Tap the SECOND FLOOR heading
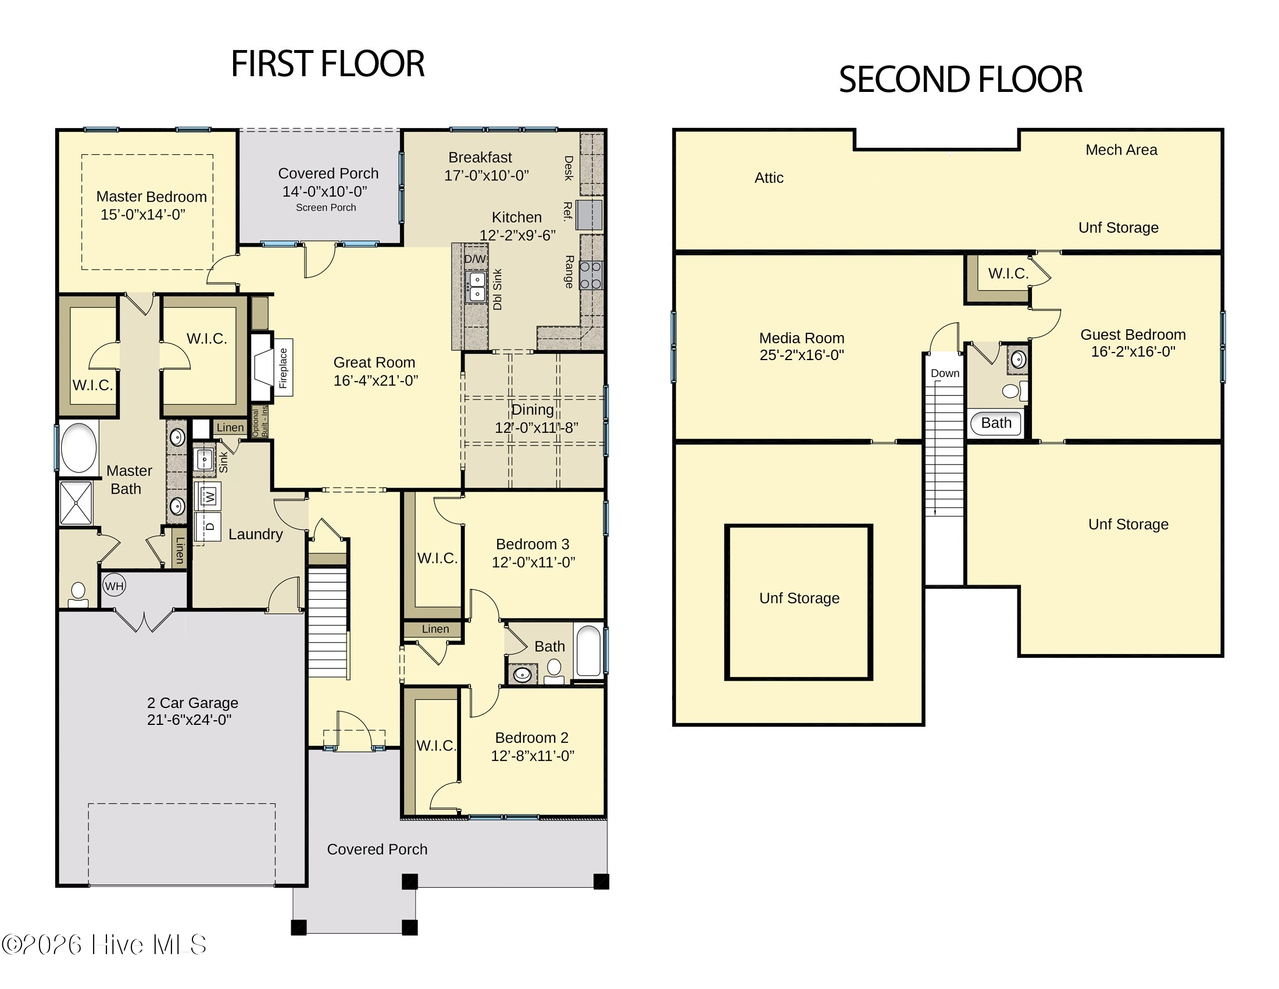pyautogui.click(x=960, y=79)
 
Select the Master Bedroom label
pyautogui.click(x=152, y=197)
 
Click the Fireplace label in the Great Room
pyautogui.click(x=284, y=368)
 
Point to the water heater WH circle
pyautogui.click(x=114, y=585)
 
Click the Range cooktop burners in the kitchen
pyautogui.click(x=590, y=275)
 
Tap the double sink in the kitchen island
pyautogui.click(x=477, y=286)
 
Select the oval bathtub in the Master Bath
pyautogui.click(x=79, y=447)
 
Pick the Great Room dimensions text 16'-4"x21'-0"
pyautogui.click(x=376, y=381)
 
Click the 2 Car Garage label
pyautogui.click(x=192, y=703)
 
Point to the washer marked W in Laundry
pyautogui.click(x=210, y=497)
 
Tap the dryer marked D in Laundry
pyautogui.click(x=211, y=526)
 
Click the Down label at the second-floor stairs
pyautogui.click(x=945, y=373)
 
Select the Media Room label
pyautogui.click(x=802, y=338)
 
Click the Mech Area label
pyautogui.click(x=1121, y=150)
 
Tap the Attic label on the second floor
pyautogui.click(x=769, y=177)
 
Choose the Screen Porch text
pyautogui.click(x=326, y=208)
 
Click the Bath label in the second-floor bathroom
pyautogui.click(x=996, y=423)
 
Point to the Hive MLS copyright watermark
pyautogui.click(x=103, y=944)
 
